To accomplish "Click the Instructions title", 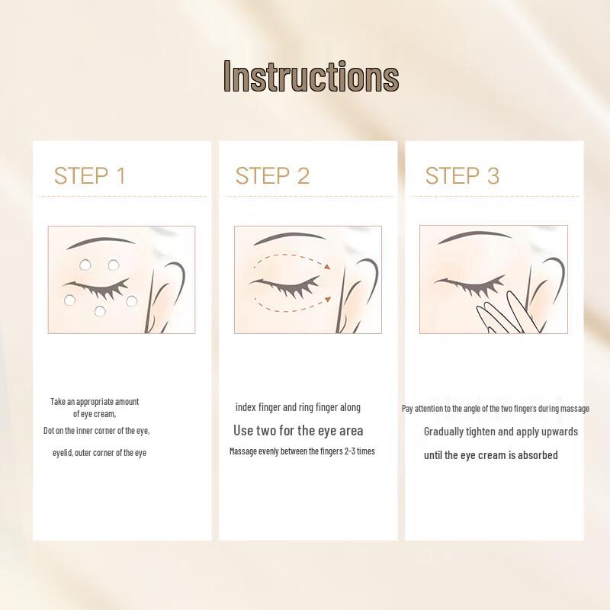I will (311, 77).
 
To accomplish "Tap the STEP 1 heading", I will (89, 175).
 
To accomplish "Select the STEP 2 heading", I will (272, 175).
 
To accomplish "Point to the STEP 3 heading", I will (462, 175).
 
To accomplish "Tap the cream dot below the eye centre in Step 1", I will (101, 310).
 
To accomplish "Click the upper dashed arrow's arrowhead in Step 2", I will (327, 266).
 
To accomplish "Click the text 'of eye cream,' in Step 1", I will (95, 414).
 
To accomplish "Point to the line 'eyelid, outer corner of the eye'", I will (99, 453).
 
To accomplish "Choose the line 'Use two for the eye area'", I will (298, 431).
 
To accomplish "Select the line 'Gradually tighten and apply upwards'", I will (501, 432).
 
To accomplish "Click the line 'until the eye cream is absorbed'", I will (491, 455).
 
